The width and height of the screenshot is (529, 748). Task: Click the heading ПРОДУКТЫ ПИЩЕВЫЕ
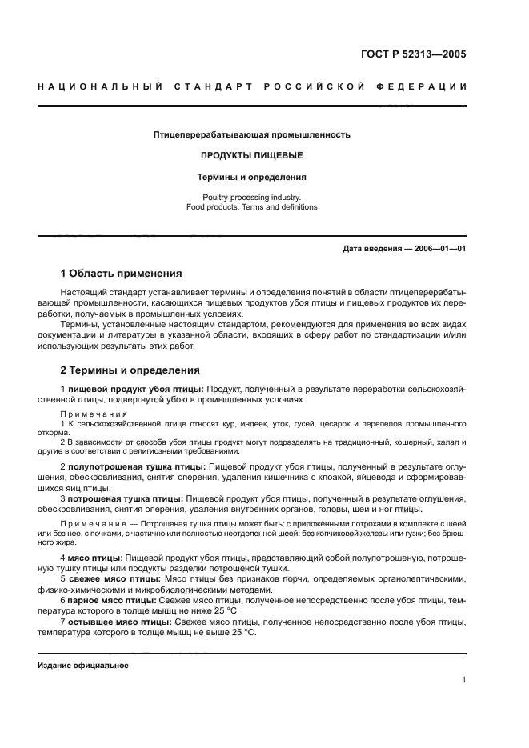coord(251,156)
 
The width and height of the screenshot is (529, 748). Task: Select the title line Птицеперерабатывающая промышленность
coord(251,135)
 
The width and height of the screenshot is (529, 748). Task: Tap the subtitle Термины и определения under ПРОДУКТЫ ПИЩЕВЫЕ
coord(251,177)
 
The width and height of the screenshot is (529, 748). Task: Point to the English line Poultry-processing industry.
coord(251,196)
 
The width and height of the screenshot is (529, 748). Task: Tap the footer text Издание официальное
coord(83,665)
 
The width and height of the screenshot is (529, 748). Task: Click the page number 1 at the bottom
coord(463,680)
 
